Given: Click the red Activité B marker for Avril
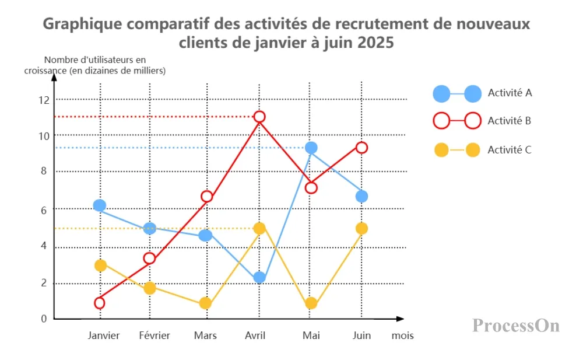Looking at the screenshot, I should (259, 117).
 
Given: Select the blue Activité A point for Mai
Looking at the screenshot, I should (311, 148).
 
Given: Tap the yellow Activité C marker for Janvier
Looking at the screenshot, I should (100, 265).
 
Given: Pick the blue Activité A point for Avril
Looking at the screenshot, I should (259, 278).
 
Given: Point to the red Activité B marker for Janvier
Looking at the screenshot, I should (100, 303).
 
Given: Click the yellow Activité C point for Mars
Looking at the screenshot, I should (205, 303).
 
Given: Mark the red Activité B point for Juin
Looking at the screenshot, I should (361, 148).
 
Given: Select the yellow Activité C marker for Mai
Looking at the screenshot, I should (311, 303).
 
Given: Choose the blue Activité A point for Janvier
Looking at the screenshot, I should (100, 205).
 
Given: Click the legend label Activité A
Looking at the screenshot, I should (510, 93).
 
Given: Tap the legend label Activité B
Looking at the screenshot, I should (510, 121).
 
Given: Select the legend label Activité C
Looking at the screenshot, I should (510, 150).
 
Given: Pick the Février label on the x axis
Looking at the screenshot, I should (154, 335).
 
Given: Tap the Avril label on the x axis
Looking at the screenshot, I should (255, 335).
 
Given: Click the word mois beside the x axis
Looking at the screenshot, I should (402, 336).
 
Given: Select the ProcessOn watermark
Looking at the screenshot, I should (516, 325).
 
